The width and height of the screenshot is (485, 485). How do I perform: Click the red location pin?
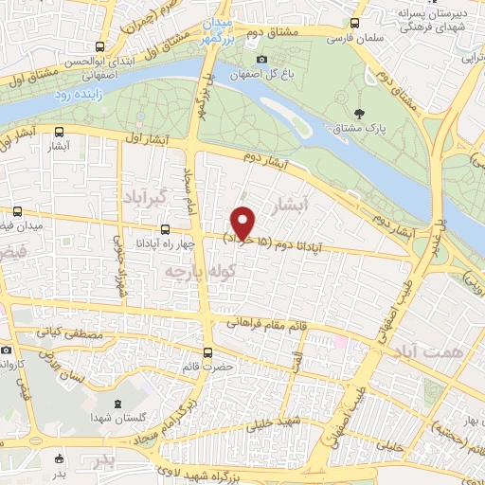tap(243, 222)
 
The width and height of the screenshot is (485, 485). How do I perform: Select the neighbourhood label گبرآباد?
tap(144, 196)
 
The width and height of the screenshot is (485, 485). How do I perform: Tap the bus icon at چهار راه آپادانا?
tap(166, 228)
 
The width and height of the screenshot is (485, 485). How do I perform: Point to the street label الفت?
tap(296, 361)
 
